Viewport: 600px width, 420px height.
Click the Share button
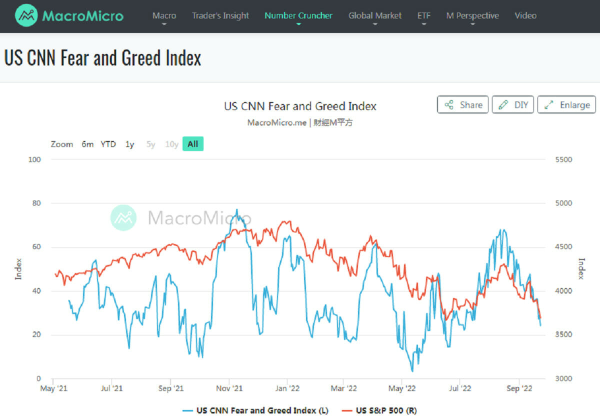(x=462, y=105)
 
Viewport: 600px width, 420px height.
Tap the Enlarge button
(x=566, y=105)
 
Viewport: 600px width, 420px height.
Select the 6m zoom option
(x=87, y=144)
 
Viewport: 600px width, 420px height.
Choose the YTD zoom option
(x=108, y=144)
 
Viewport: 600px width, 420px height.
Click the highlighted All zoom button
(x=193, y=144)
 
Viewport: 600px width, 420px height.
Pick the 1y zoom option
(x=129, y=144)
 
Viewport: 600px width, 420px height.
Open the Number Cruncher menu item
(x=298, y=15)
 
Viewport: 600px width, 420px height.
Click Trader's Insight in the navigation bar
(x=220, y=15)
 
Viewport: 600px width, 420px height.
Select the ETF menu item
(x=423, y=15)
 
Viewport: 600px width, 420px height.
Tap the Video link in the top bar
(x=525, y=15)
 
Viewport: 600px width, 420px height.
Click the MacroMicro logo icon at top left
(x=25, y=15)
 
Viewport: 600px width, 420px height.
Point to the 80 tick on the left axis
(x=36, y=203)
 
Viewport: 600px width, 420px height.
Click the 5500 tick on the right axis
(x=563, y=159)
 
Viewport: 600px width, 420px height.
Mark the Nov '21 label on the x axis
(x=229, y=388)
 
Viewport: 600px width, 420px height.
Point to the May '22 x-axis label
(x=402, y=388)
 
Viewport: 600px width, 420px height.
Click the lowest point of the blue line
(x=412, y=371)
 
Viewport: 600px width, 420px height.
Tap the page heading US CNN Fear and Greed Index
(x=102, y=58)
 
